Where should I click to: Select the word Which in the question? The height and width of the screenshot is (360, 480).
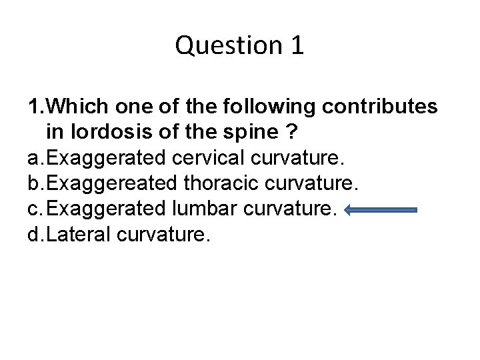pos(79,107)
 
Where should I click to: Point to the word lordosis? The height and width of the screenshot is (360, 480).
pos(110,132)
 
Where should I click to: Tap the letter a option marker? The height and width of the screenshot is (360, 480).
pos(33,159)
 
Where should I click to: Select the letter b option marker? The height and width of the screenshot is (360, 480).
pos(33,184)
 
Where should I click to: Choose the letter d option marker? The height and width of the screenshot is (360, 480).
pos(33,236)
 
